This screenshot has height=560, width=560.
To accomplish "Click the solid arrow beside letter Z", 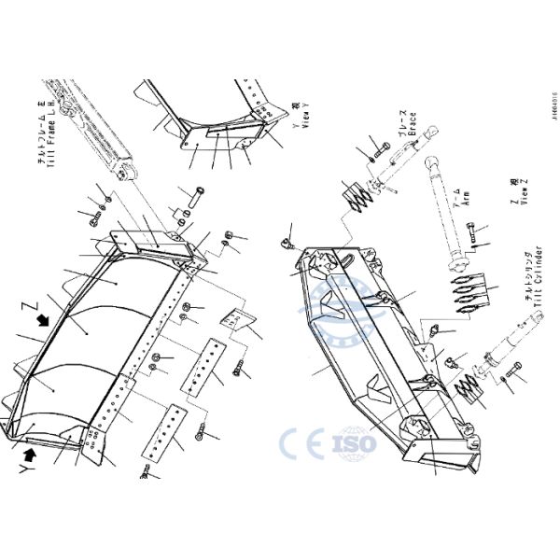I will coord(42,320).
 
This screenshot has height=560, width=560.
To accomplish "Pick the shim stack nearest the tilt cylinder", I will coord(469,387).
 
